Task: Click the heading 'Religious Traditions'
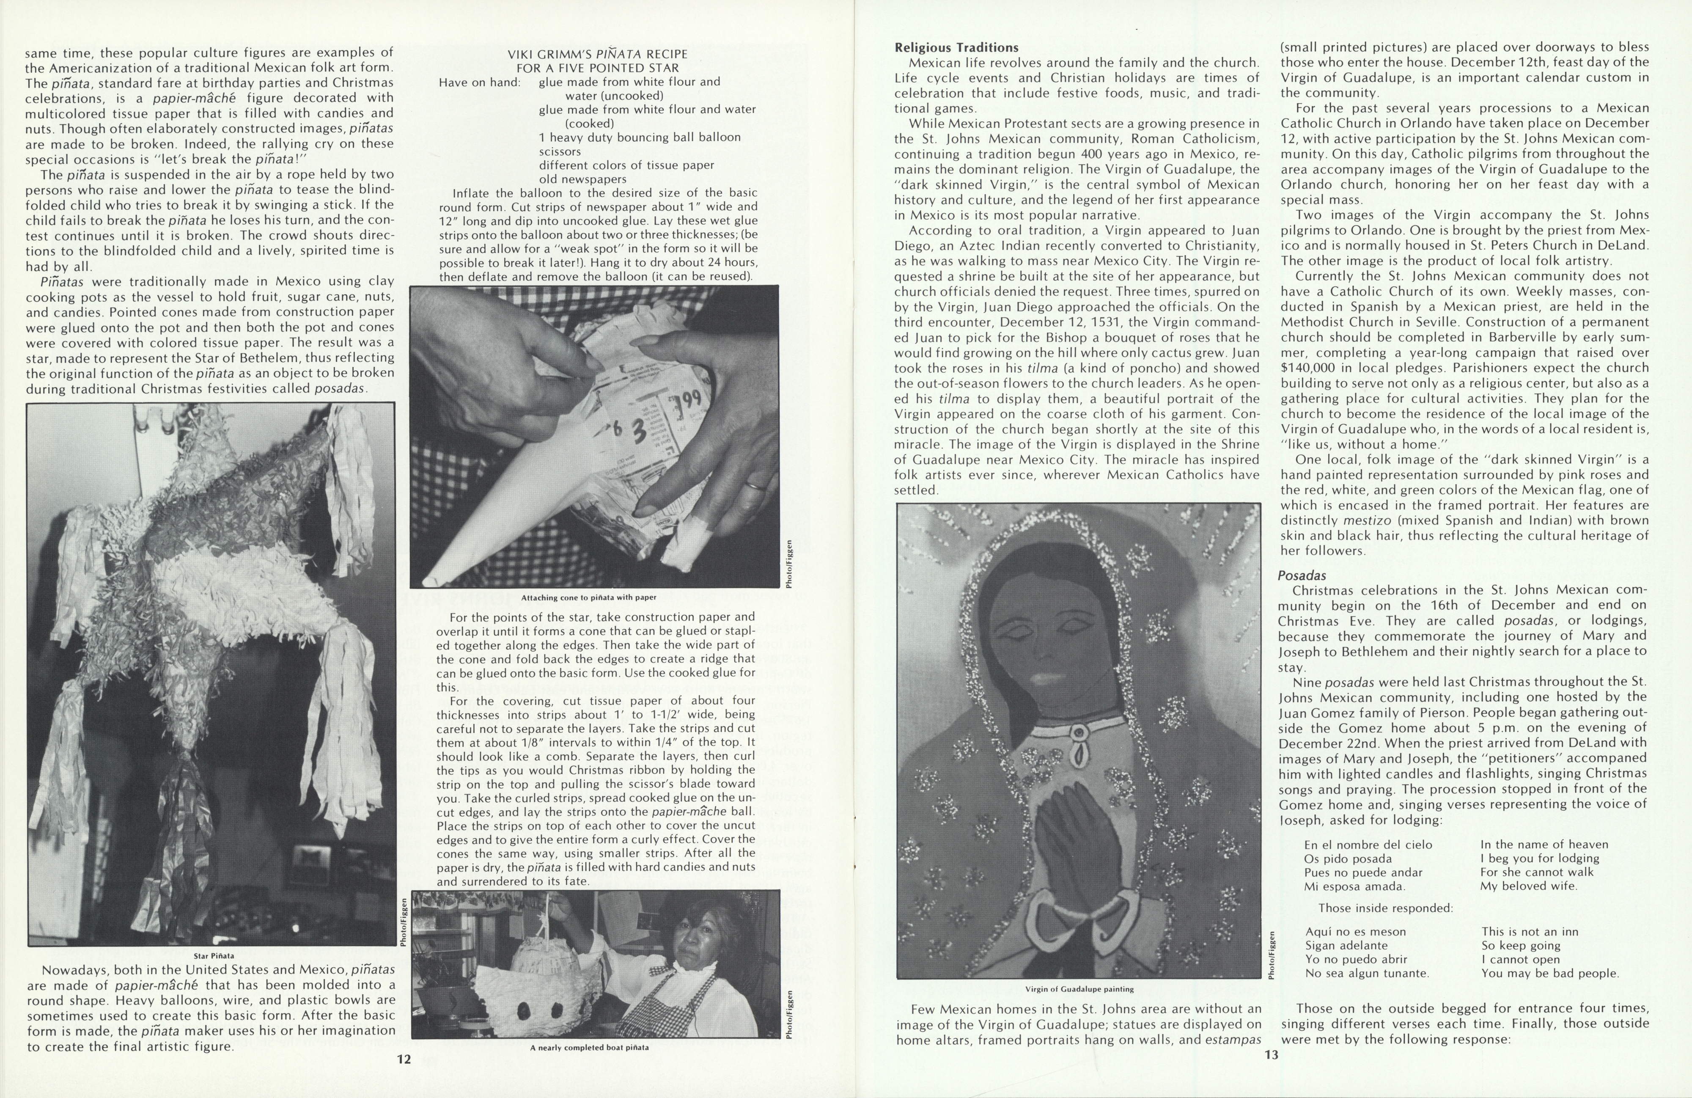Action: (956, 48)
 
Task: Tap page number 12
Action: (404, 1059)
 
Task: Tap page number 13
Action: (1271, 1054)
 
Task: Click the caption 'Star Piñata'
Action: (213, 956)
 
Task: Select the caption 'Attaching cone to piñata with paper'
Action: (589, 597)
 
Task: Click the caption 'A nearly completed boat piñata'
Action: (589, 1047)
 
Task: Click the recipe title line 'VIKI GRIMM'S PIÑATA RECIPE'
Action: (597, 54)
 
